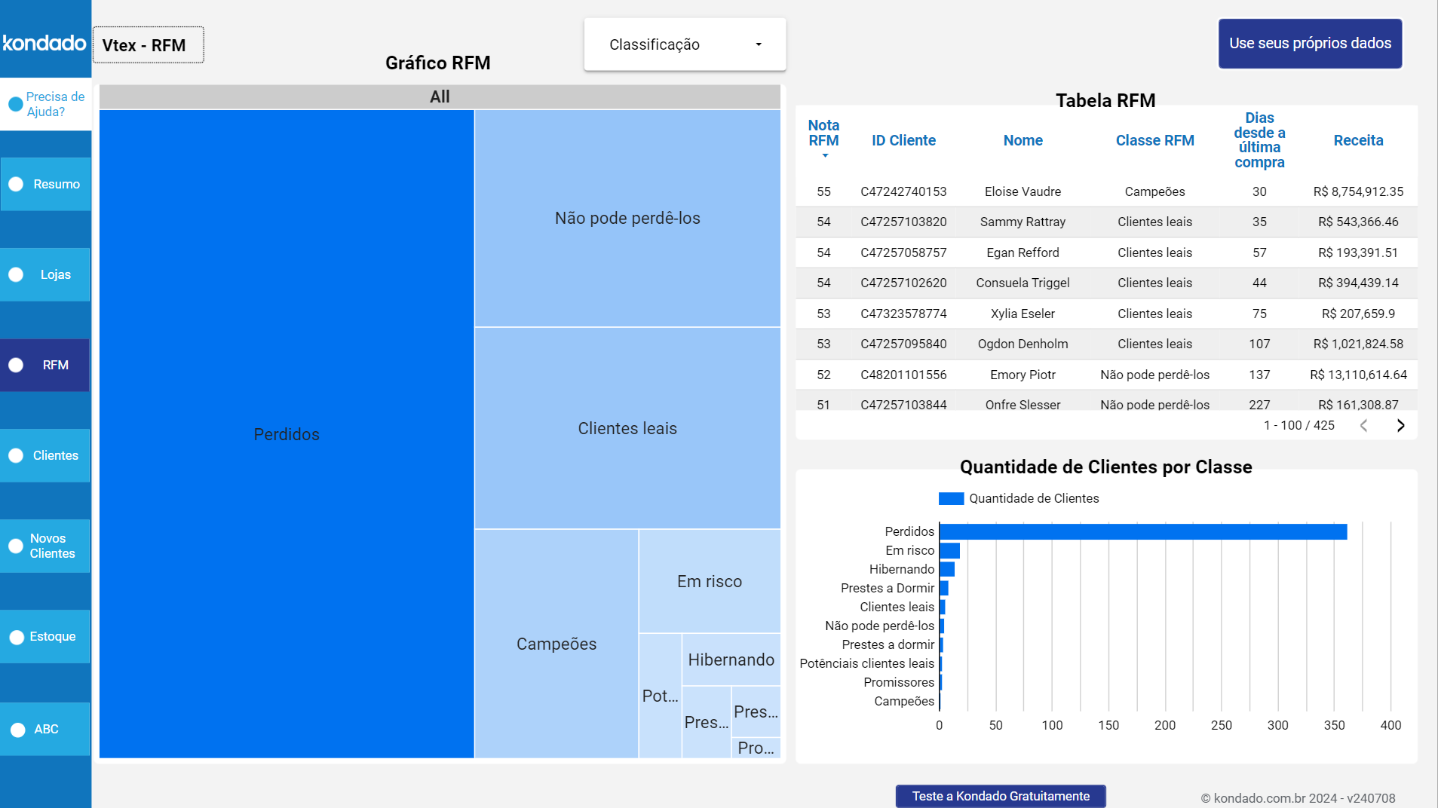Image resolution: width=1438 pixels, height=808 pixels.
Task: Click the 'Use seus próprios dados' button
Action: (1310, 44)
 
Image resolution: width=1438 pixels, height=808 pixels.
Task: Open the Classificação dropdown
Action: (685, 44)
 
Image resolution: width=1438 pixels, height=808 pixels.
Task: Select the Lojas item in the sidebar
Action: (45, 274)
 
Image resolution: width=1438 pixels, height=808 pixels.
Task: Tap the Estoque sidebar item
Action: (45, 636)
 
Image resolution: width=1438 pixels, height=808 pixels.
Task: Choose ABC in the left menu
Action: (45, 729)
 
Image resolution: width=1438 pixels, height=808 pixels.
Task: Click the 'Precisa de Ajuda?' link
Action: (47, 104)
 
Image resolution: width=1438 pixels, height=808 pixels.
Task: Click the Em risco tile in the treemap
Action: (709, 581)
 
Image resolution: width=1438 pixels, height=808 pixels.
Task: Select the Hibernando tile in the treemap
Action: (731, 660)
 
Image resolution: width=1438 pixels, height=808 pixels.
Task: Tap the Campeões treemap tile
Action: (556, 644)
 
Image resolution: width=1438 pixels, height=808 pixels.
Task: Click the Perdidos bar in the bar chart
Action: (1142, 531)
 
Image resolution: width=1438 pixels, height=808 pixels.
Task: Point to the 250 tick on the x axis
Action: (1221, 725)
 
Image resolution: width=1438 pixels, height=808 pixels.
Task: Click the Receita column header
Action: (1358, 140)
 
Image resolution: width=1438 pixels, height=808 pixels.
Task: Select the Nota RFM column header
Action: (823, 134)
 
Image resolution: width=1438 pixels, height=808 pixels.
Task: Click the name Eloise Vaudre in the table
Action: (1023, 191)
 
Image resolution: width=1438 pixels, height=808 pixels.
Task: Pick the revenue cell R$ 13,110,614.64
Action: (1358, 375)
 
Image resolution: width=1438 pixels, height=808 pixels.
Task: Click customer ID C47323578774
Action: (903, 314)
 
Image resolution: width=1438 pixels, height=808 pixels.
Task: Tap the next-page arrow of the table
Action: (1400, 426)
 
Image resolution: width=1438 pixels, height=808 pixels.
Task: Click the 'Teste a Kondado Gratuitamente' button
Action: (1001, 796)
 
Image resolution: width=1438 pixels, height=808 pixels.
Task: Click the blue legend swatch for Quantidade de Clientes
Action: (951, 498)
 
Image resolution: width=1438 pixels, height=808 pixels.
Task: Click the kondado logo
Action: (44, 43)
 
